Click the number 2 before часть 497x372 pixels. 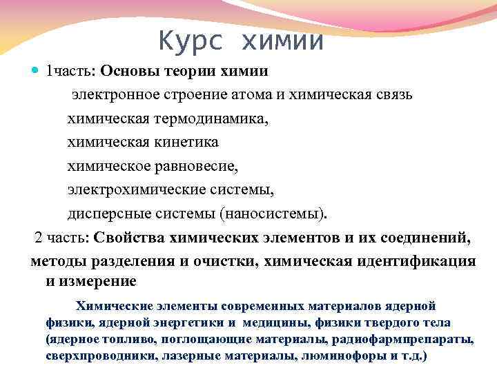click(x=38, y=238)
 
